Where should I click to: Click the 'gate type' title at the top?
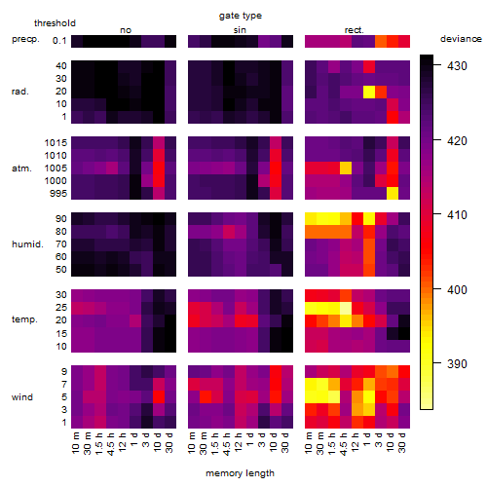click(241, 16)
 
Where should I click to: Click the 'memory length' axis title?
click(240, 473)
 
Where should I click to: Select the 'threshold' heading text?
click(55, 23)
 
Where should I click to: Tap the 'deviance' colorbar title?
click(461, 39)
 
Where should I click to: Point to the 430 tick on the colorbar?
click(457, 66)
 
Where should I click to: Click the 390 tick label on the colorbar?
click(457, 364)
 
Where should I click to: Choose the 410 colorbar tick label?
click(457, 215)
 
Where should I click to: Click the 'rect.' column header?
click(354, 30)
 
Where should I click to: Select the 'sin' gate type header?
click(240, 30)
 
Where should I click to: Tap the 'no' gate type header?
click(126, 30)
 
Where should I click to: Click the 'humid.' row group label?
click(27, 244)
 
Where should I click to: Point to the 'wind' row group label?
click(22, 397)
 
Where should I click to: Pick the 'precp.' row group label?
click(25, 40)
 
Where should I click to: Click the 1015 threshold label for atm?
click(56, 143)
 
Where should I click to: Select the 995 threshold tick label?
click(58, 194)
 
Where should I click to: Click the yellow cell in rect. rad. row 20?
click(369, 92)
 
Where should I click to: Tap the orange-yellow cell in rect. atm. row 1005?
click(346, 169)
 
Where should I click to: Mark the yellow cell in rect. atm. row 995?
click(393, 194)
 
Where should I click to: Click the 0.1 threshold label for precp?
click(59, 41)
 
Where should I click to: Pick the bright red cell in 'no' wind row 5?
click(159, 397)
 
